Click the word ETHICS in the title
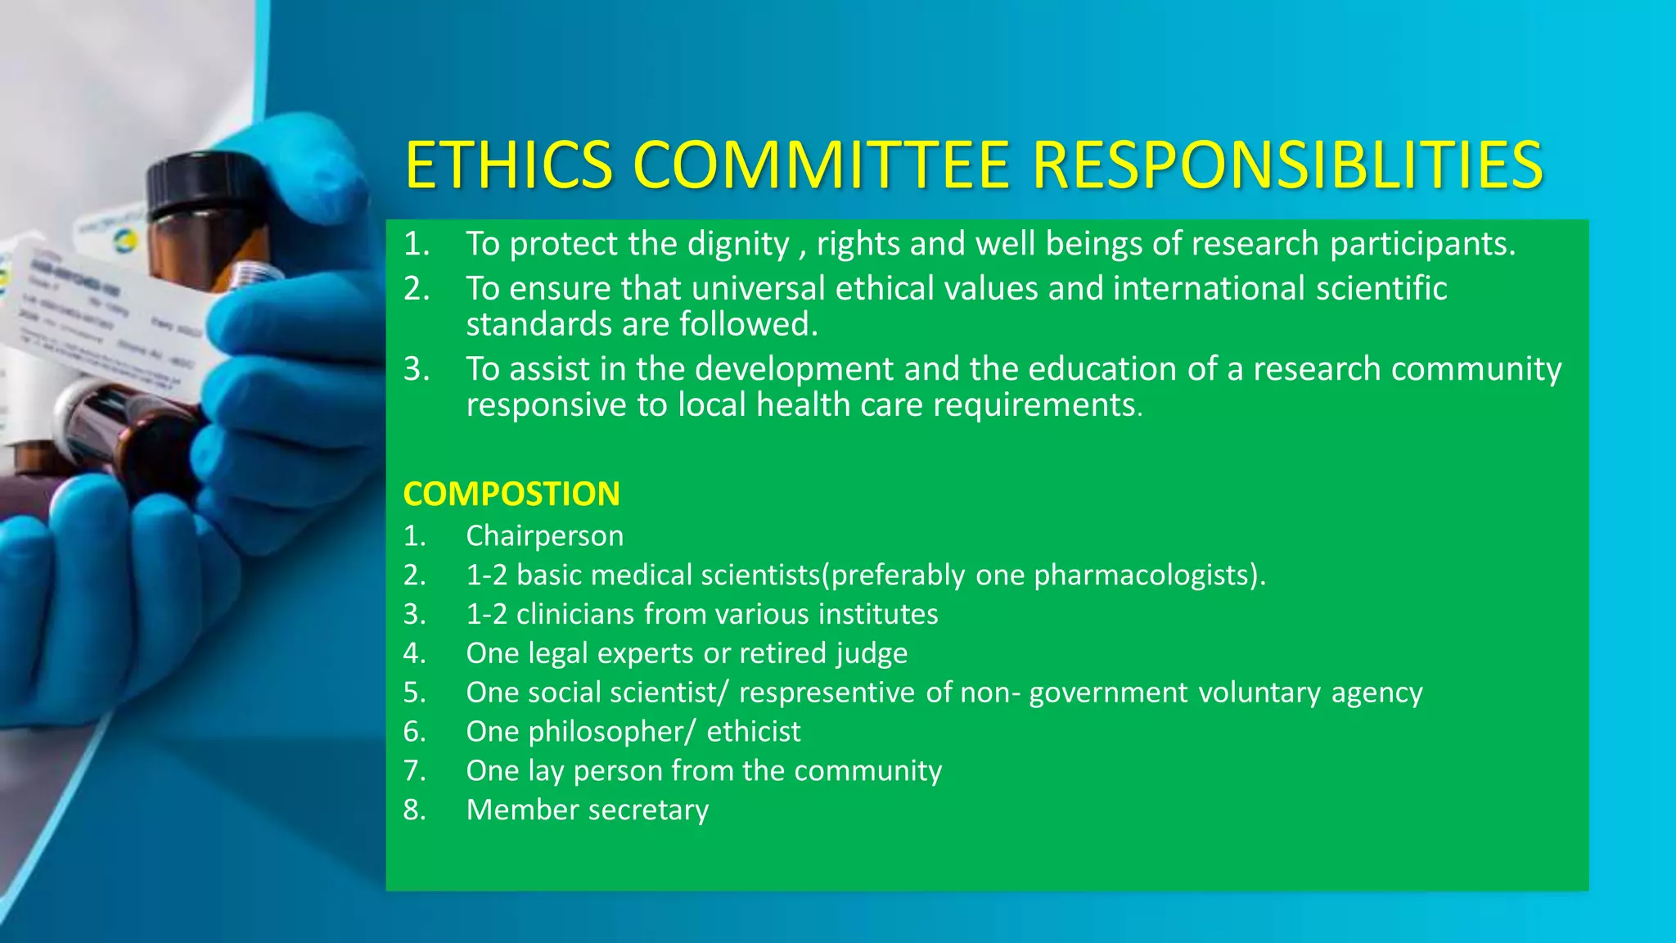click(508, 166)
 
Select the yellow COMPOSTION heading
click(511, 494)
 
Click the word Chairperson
click(544, 536)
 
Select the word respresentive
click(827, 693)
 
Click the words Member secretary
click(587, 810)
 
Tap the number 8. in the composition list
click(414, 810)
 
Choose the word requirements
click(1035, 405)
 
